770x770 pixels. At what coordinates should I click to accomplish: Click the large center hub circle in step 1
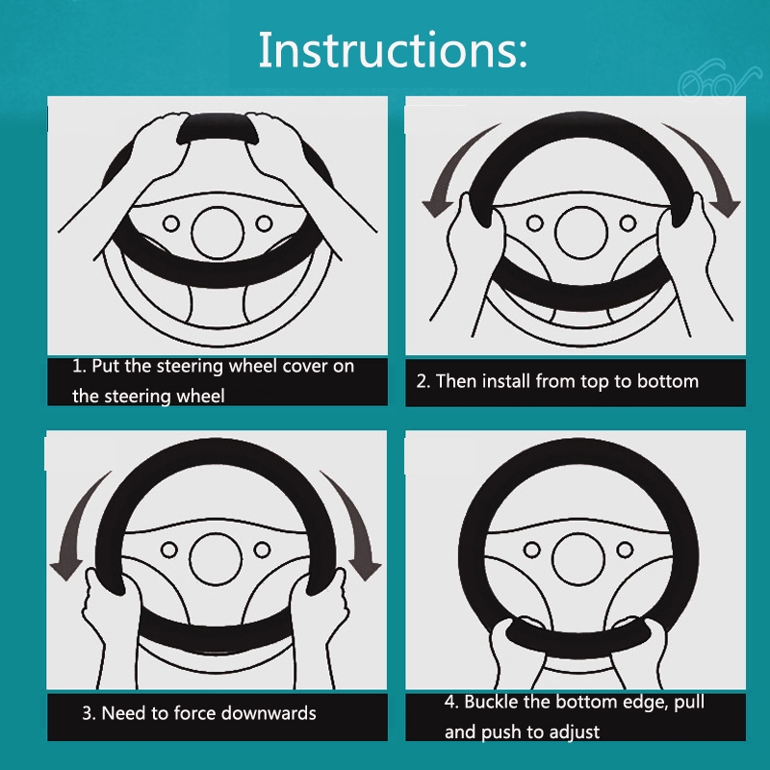coord(218,232)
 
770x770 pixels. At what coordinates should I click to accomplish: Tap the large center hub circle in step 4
coord(578,559)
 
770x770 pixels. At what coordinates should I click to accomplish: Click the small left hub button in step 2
coord(535,223)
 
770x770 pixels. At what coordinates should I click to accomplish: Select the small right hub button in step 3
coord(262,550)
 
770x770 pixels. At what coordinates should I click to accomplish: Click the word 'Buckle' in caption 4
coord(492,702)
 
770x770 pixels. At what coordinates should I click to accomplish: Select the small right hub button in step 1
coord(264,223)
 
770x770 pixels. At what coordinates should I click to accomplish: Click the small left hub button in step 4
coord(532,550)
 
